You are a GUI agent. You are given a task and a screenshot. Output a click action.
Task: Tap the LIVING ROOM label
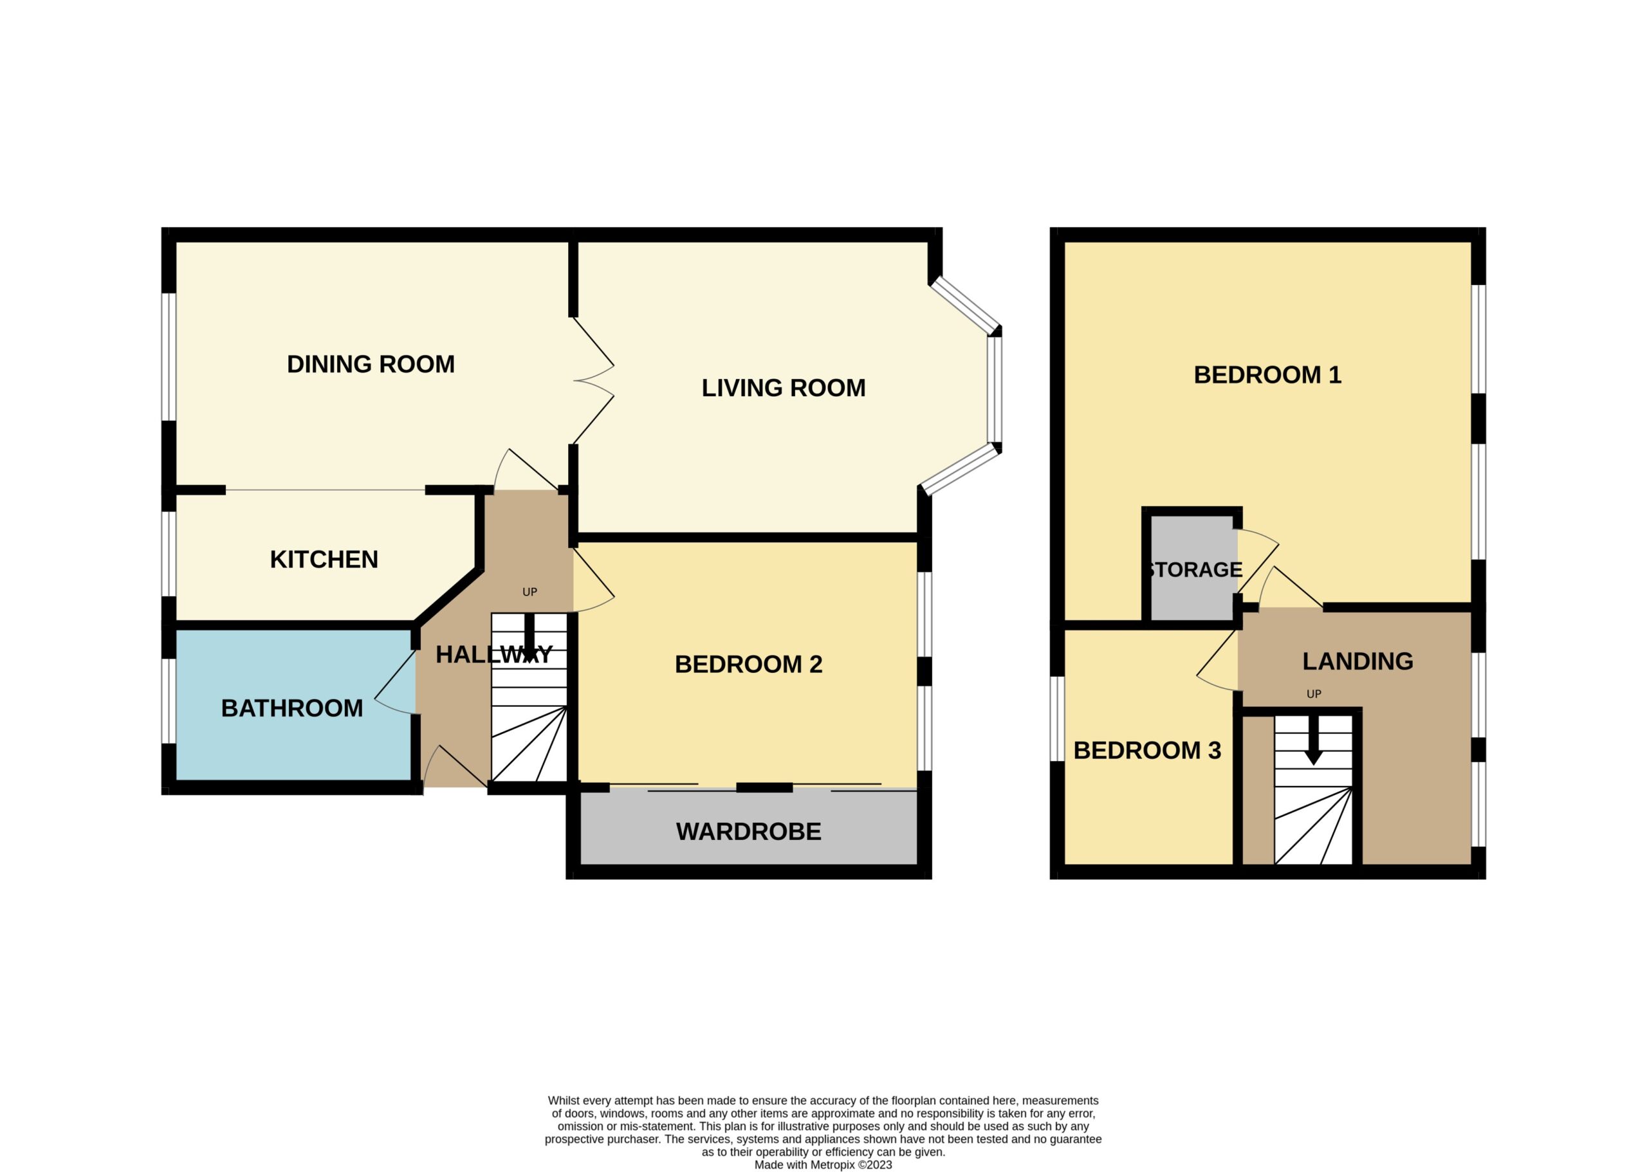(783, 387)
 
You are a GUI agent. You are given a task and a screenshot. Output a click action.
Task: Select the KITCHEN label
(324, 559)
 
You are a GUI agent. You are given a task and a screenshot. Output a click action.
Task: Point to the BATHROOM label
(291, 708)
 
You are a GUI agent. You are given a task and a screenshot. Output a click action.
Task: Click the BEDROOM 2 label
(748, 664)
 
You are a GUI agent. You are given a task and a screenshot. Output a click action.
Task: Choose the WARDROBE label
(748, 831)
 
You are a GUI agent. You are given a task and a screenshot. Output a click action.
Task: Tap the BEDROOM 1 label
(1267, 374)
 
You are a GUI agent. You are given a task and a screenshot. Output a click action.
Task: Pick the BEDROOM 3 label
(1147, 750)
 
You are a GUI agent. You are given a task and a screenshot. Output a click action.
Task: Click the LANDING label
(1357, 661)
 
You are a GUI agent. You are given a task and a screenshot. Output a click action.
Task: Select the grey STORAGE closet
(1192, 567)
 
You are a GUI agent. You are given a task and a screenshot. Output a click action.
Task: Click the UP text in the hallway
(529, 592)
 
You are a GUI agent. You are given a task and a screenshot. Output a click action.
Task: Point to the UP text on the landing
(1314, 694)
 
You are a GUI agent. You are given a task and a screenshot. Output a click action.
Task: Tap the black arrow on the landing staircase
(1314, 740)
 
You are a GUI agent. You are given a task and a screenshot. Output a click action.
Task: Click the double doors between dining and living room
(593, 380)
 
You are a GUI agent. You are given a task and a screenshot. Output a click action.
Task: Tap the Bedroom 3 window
(1057, 719)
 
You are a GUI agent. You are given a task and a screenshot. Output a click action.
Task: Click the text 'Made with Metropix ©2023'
(823, 1165)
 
